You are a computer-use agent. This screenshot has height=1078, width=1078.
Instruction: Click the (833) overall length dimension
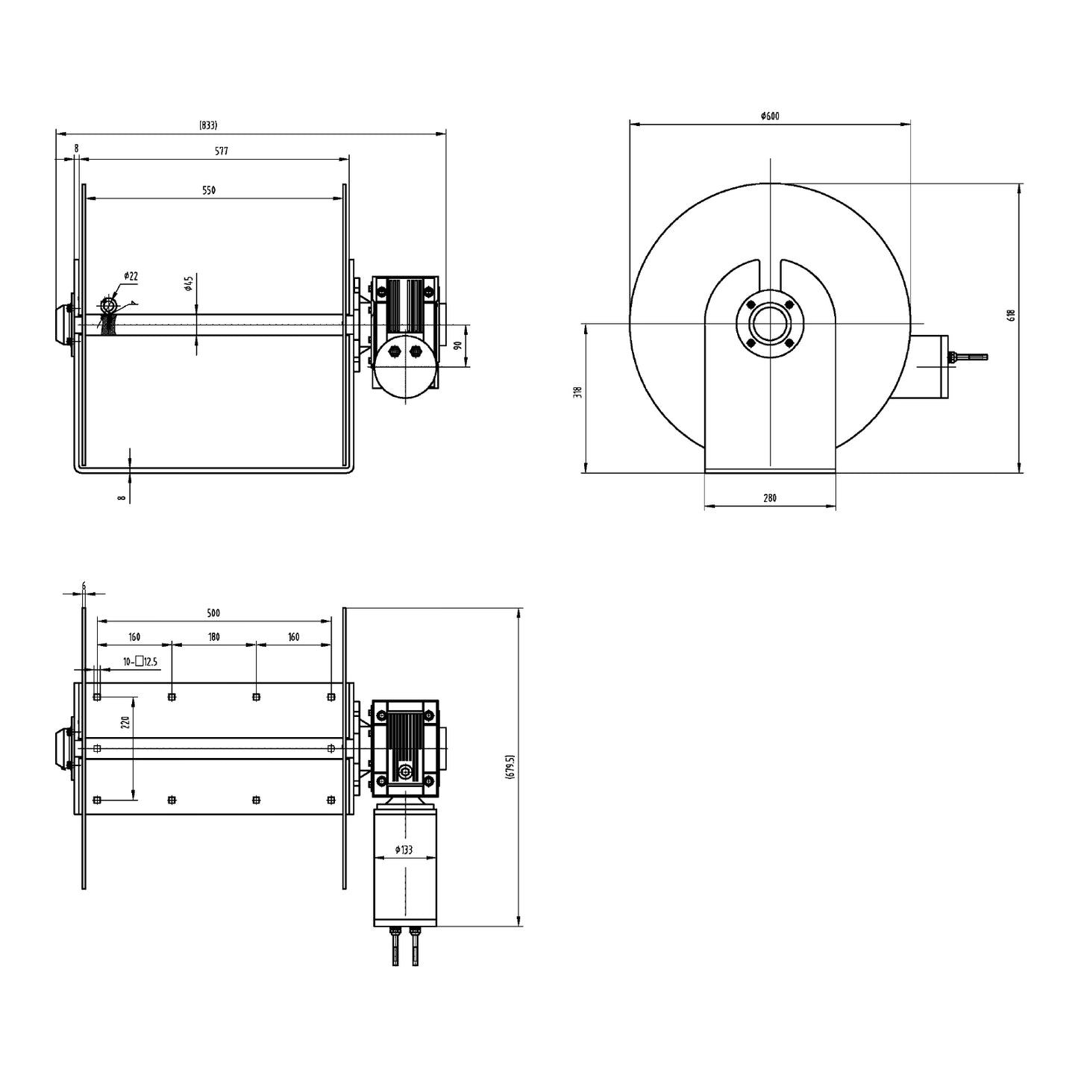click(208, 125)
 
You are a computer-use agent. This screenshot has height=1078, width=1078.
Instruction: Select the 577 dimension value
click(222, 151)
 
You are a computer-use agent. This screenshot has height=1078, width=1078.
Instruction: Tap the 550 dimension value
click(209, 190)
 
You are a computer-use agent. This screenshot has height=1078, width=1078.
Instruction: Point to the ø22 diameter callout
click(130, 276)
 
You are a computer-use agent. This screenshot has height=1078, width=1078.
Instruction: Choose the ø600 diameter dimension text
click(770, 116)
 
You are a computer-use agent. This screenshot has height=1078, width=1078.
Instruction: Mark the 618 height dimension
click(1012, 316)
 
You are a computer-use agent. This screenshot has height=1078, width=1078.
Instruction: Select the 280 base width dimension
click(770, 498)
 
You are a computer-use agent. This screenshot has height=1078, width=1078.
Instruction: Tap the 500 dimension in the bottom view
click(213, 613)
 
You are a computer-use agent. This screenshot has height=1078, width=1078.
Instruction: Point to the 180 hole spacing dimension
click(214, 637)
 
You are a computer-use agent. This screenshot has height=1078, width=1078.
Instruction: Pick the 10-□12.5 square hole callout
click(140, 661)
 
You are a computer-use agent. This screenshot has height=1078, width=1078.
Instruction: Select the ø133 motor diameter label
click(404, 850)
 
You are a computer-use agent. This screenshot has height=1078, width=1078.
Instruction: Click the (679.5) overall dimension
click(510, 767)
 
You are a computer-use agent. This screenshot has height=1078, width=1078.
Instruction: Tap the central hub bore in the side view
click(769, 325)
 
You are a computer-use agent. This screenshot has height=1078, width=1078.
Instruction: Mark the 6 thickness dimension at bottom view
click(84, 586)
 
